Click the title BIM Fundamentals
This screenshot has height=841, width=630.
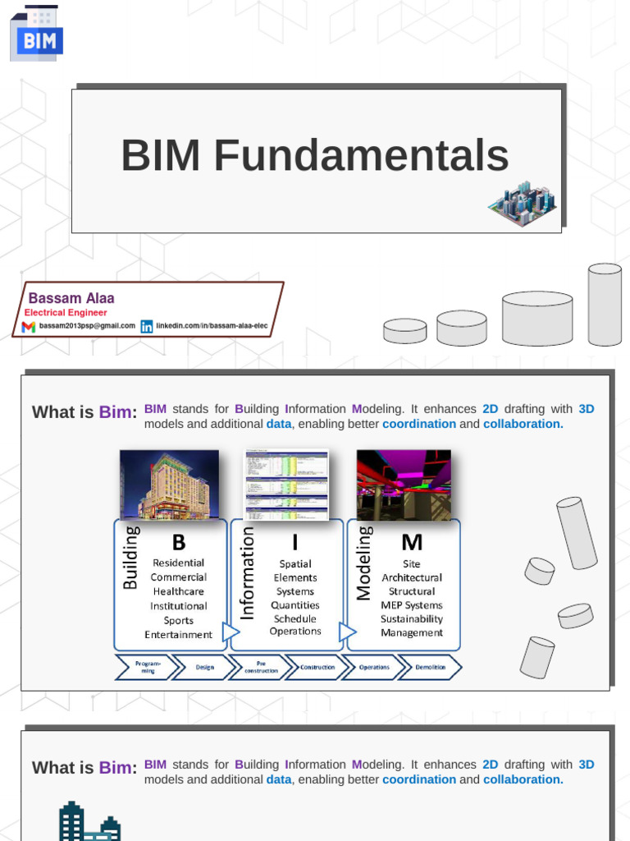click(315, 156)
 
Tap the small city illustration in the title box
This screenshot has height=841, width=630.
click(522, 203)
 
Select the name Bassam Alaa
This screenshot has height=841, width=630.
click(71, 298)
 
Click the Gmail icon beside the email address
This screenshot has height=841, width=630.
click(29, 327)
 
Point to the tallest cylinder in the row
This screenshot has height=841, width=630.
click(605, 304)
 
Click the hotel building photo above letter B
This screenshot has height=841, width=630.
click(169, 485)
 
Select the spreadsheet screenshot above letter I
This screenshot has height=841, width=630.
click(286, 485)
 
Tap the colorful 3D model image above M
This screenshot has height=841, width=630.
click(404, 485)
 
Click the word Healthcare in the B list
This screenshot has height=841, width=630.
click(178, 591)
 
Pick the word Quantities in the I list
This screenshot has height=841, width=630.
click(295, 605)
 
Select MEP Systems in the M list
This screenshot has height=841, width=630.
click(412, 605)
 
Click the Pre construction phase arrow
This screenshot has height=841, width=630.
click(261, 668)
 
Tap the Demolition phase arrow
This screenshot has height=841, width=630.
click(431, 668)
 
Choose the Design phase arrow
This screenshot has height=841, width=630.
click(204, 668)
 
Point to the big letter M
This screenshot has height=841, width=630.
click(412, 542)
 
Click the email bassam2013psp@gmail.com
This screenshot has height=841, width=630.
click(87, 326)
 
